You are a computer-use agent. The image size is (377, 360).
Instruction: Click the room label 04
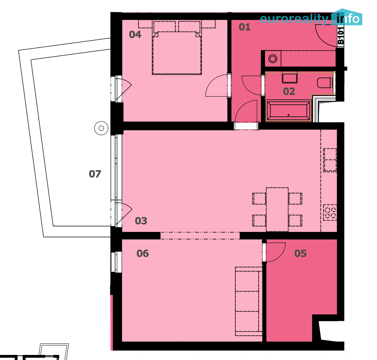pyautogui.click(x=135, y=35)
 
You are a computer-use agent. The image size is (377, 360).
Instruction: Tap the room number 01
pyautogui.click(x=244, y=27)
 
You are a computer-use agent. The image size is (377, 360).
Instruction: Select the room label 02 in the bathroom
pyautogui.click(x=289, y=91)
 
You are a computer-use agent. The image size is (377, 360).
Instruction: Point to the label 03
pyautogui.click(x=141, y=221)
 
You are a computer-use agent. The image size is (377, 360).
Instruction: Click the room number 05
pyautogui.click(x=300, y=253)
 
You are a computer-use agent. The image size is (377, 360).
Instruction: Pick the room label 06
pyautogui.click(x=142, y=253)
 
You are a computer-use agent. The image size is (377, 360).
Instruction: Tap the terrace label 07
pyautogui.click(x=95, y=174)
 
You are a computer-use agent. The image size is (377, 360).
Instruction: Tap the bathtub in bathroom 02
pyautogui.click(x=289, y=111)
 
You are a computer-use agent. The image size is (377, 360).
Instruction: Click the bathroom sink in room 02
pyautogui.click(x=289, y=78)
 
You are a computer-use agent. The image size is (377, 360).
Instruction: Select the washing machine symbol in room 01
pyautogui.click(x=272, y=58)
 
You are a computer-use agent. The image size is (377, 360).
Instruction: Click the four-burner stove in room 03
pyautogui.click(x=330, y=212)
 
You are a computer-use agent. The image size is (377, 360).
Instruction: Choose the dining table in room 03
pyautogui.click(x=277, y=209)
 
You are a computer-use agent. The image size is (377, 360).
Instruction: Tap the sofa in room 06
pyautogui.click(x=248, y=300)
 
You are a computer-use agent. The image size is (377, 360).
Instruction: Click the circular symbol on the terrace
pyautogui.click(x=101, y=128)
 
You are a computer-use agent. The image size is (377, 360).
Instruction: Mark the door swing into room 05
pyautogui.click(x=275, y=252)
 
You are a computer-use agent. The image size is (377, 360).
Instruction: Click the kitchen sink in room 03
pyautogui.click(x=330, y=160)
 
